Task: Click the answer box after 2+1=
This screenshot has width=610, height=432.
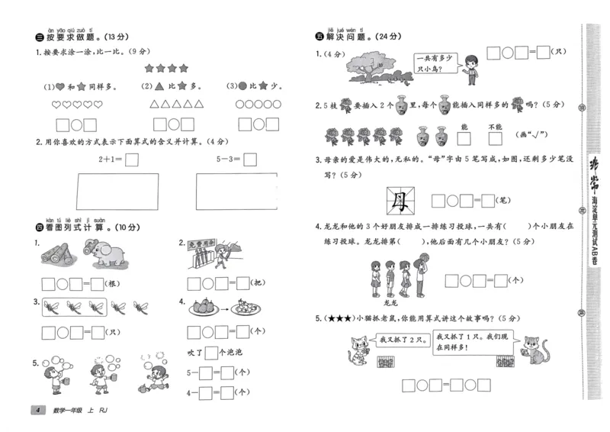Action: pyautogui.click(x=131, y=160)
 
